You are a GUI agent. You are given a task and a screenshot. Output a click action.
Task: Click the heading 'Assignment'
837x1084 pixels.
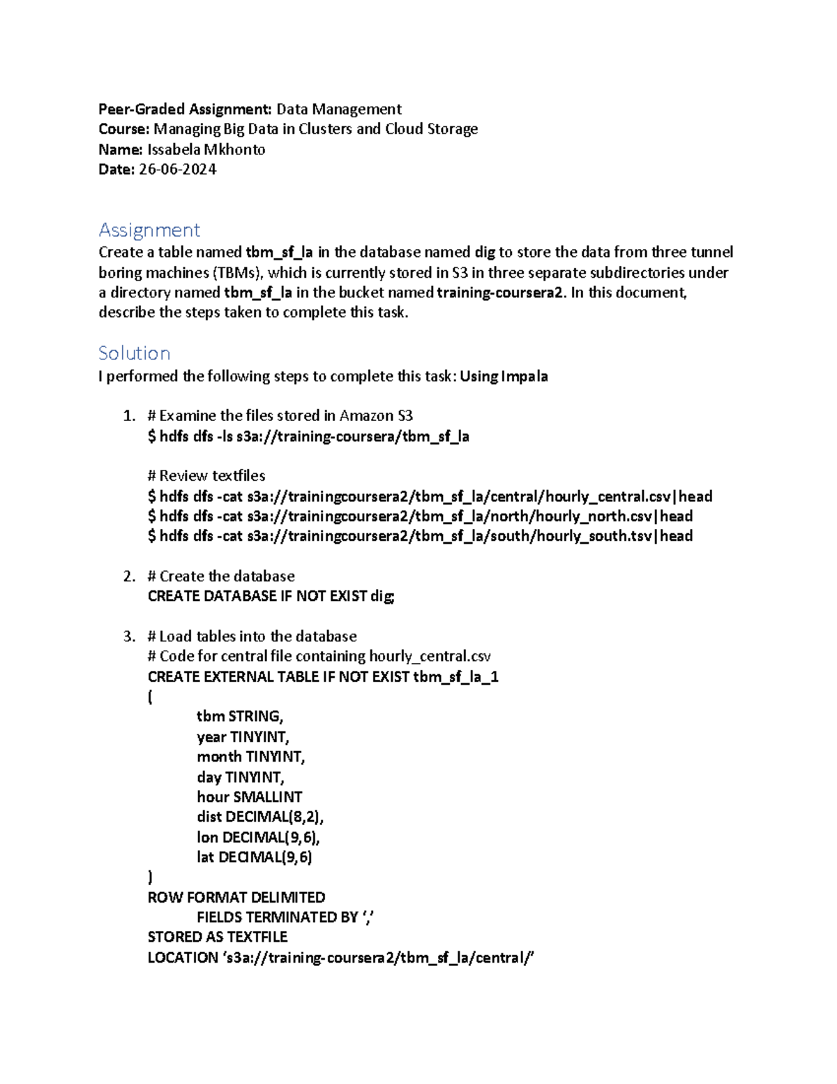[x=149, y=230]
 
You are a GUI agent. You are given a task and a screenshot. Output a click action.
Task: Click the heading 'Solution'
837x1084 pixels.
[x=135, y=353]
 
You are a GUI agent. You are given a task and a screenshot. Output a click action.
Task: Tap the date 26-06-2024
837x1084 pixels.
[x=177, y=170]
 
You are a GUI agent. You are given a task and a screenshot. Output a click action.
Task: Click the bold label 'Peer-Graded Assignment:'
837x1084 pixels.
[x=185, y=109]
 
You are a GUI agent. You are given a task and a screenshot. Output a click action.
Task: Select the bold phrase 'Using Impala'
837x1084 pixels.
[x=504, y=376]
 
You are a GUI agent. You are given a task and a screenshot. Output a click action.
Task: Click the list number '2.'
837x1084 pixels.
[x=129, y=577]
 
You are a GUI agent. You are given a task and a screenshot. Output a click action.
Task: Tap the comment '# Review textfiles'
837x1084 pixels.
[x=206, y=476]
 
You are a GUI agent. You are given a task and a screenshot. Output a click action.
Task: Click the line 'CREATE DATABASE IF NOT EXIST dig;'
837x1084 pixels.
[x=271, y=596]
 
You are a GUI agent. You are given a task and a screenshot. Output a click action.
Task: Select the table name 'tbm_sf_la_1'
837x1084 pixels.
[x=456, y=677]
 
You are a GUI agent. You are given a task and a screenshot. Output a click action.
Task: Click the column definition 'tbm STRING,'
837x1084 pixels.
[x=240, y=717]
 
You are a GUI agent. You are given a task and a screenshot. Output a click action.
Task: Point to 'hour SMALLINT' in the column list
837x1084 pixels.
[x=250, y=797]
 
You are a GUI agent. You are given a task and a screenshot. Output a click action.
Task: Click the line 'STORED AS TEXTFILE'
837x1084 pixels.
[x=218, y=937]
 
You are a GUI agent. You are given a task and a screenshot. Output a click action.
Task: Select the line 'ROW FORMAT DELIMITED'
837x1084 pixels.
[x=236, y=898]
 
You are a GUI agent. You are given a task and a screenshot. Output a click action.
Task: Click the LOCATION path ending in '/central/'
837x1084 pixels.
[x=377, y=958]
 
